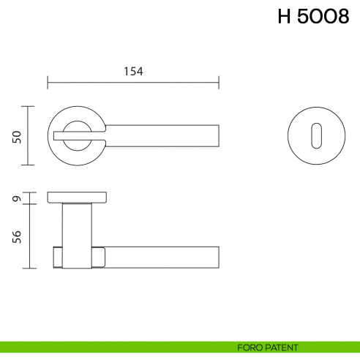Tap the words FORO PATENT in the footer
[x=263, y=346]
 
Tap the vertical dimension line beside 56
[x=29, y=236]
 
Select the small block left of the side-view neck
[x=58, y=257]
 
